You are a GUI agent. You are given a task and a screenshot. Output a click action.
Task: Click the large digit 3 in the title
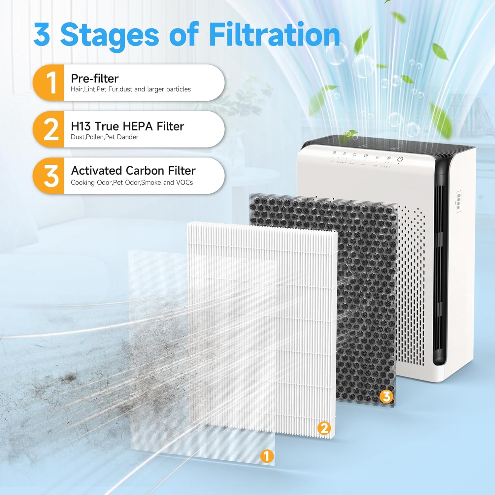pyautogui.click(x=42, y=35)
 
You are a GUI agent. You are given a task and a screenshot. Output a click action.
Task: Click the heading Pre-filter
pyautogui.click(x=95, y=79)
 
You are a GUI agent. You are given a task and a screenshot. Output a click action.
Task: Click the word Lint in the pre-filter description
pyautogui.click(x=89, y=89)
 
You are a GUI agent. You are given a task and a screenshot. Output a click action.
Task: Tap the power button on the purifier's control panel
pyautogui.click(x=400, y=159)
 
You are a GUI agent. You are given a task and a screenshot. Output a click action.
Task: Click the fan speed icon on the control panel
pyautogui.click(x=389, y=158)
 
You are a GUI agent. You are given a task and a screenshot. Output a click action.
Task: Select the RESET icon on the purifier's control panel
pyautogui.click(x=354, y=155)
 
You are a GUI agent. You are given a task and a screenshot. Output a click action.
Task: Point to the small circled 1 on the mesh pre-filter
pyautogui.click(x=267, y=456)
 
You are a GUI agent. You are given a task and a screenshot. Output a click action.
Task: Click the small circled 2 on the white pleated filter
pyautogui.click(x=324, y=428)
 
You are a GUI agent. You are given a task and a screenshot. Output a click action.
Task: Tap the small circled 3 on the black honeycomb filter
pyautogui.click(x=386, y=396)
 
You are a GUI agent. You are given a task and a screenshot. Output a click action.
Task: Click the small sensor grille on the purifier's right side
pyautogui.click(x=458, y=202)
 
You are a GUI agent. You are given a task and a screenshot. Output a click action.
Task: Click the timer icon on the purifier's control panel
pyautogui.click(x=344, y=154)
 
